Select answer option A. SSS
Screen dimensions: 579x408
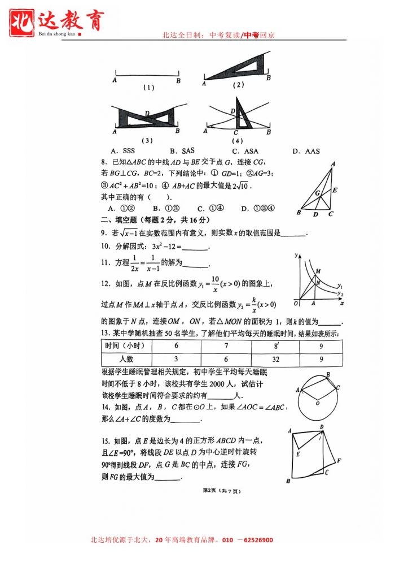click(123, 151)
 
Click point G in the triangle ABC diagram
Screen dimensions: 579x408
click(318, 193)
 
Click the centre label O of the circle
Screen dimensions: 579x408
click(318, 403)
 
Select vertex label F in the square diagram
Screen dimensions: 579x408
click(338, 461)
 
